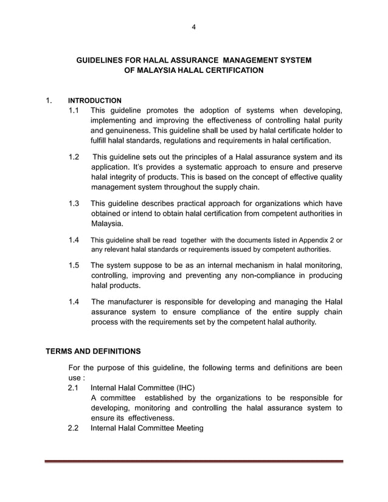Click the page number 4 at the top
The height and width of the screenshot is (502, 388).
193,27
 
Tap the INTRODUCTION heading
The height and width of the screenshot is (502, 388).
94,100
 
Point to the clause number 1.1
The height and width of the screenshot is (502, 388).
74,110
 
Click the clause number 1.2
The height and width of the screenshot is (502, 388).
74,157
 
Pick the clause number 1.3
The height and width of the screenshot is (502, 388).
74,203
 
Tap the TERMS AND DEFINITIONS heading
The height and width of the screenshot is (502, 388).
94,351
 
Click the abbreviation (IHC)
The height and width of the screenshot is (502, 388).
182,388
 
